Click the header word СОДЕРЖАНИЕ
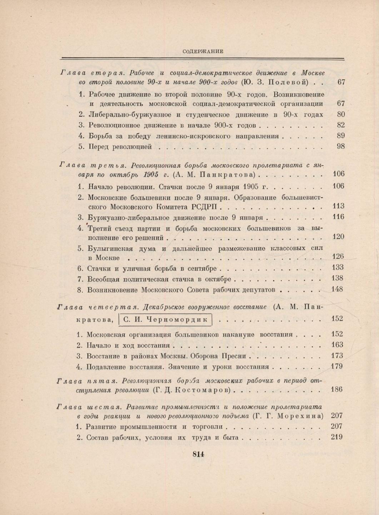[203, 51]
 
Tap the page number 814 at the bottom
[198, 454]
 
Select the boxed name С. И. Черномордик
[165, 320]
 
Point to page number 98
[340, 146]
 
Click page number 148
[337, 289]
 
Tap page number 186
[337, 389]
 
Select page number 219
[337, 437]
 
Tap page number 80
[340, 114]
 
